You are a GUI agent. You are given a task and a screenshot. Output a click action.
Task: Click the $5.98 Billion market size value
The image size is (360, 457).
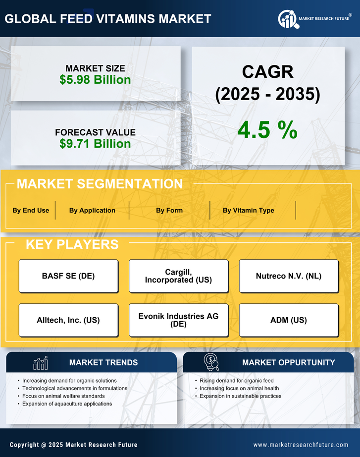[95, 80]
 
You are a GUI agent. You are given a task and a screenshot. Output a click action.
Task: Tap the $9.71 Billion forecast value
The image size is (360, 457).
[95, 144]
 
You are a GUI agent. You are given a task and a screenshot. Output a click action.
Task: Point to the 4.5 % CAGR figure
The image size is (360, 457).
[267, 129]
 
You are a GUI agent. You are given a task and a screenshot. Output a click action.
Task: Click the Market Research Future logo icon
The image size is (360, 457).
[288, 19]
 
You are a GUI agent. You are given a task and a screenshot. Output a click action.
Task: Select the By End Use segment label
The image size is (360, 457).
[31, 210]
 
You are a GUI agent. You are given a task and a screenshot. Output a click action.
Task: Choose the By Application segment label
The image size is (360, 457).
[92, 210]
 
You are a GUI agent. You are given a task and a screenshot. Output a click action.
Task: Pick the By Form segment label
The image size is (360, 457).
[169, 210]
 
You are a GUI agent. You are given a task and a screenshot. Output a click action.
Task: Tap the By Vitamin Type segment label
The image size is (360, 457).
[248, 210]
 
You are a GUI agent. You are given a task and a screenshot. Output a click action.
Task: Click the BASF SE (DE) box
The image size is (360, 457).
[68, 276]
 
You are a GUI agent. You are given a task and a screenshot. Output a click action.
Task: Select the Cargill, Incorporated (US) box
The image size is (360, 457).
[178, 276]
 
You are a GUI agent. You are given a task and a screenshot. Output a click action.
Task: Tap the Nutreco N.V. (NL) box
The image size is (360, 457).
[289, 276]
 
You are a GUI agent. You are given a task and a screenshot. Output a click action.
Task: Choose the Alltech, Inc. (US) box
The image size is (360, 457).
[68, 320]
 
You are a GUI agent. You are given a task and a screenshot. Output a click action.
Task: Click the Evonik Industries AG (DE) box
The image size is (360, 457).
[178, 320]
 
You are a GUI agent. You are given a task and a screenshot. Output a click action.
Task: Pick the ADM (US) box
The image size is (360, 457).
[289, 320]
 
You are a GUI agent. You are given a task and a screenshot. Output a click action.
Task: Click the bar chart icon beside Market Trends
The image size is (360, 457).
[40, 363]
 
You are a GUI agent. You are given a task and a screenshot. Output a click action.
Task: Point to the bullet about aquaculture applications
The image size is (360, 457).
[67, 404]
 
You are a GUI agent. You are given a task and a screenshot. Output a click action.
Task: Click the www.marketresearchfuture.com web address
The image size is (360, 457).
[301, 445]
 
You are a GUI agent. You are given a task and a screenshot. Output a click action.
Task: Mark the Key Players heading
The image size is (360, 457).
[72, 244]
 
